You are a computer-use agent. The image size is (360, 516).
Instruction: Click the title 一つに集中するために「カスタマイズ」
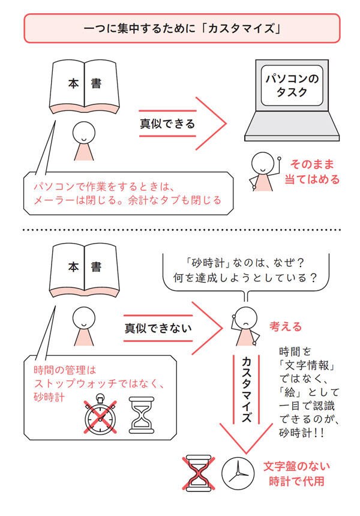182,29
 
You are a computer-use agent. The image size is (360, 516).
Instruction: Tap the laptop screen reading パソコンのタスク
292,85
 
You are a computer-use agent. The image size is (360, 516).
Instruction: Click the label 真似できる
167,124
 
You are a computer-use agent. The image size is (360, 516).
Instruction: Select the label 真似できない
158,328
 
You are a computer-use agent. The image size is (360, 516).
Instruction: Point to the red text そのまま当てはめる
311,172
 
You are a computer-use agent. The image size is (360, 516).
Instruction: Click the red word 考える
286,327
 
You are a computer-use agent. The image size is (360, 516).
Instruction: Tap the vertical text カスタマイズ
247,389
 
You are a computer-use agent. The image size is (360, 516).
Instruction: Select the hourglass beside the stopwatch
141,415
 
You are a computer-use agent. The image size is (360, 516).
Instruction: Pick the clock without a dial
238,473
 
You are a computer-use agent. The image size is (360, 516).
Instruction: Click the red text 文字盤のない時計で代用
296,474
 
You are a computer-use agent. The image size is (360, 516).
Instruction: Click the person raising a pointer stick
264,171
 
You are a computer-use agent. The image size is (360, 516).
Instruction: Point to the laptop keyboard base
292,127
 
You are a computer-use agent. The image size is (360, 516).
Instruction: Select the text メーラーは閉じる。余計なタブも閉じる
127,200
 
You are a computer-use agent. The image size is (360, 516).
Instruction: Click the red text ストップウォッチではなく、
98,384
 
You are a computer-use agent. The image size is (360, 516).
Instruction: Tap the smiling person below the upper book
84,141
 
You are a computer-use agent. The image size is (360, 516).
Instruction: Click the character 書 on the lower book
96,266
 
